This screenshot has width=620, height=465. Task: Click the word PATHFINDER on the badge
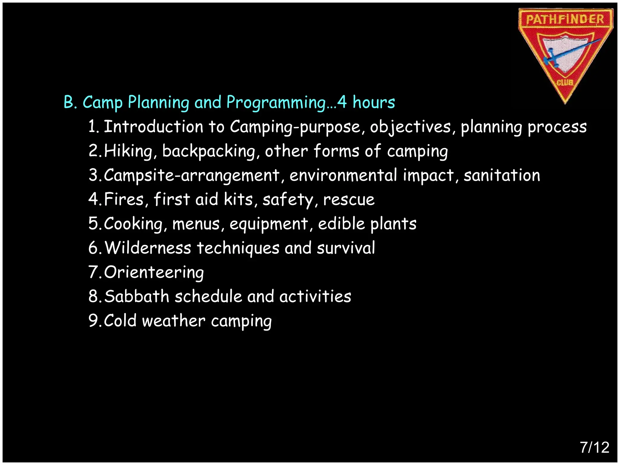click(565, 20)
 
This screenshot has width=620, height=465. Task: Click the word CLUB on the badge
click(565, 82)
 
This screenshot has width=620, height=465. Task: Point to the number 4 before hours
click(342, 102)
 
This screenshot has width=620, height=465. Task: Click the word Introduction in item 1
click(153, 127)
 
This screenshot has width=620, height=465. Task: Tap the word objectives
click(411, 127)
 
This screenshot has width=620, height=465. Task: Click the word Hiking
click(129, 151)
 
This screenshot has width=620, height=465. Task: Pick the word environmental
click(343, 175)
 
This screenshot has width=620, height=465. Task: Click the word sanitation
click(502, 175)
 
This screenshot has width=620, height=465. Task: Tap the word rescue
click(349, 200)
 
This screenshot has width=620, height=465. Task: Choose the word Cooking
click(134, 224)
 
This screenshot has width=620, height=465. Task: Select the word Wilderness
click(148, 248)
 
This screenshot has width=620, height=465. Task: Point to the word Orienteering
click(154, 272)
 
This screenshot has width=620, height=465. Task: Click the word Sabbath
click(137, 296)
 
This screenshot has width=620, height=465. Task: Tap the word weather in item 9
click(174, 321)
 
